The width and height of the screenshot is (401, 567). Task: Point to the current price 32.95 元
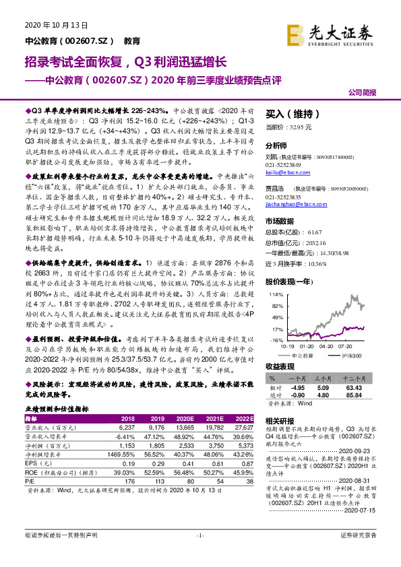click(x=291, y=127)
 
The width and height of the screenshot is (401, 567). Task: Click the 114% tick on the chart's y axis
click(x=274, y=295)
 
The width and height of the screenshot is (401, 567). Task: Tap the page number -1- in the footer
click(x=200, y=554)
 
